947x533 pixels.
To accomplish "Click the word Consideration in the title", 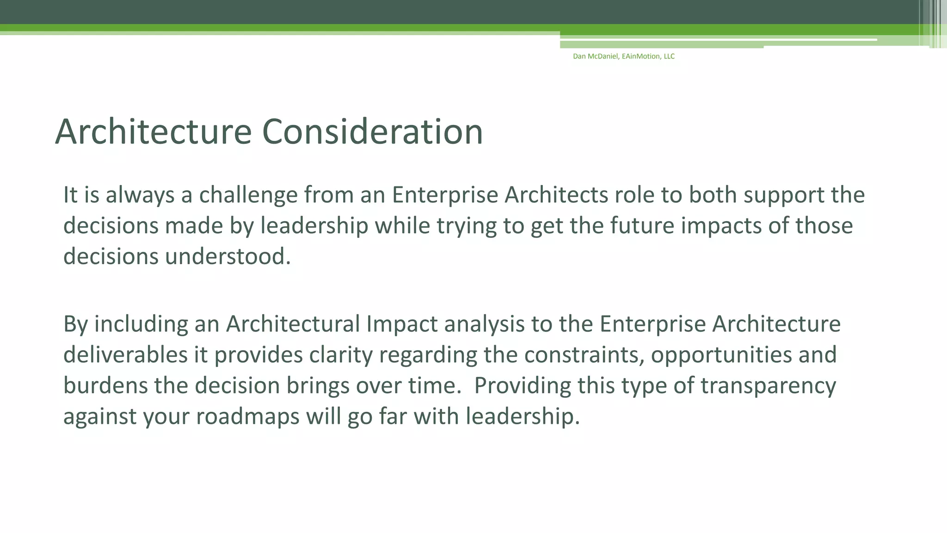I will [x=372, y=132].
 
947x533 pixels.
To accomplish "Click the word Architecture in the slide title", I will [x=153, y=132].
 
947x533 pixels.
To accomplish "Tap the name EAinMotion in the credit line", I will [x=641, y=56].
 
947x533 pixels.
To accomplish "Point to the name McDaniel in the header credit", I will [x=603, y=56].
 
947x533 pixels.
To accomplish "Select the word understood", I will [x=228, y=257].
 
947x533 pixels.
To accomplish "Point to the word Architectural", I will [x=293, y=324].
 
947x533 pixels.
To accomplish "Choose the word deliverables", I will [x=125, y=355].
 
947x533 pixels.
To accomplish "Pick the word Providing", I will [x=523, y=386].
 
